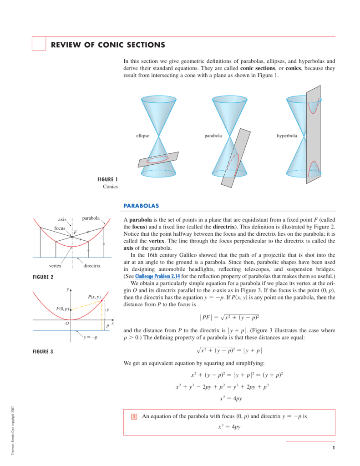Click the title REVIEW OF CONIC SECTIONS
click(x=107, y=45)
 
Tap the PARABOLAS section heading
click(x=141, y=206)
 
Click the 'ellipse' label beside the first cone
click(x=142, y=136)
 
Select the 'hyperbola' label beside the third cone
click(x=287, y=136)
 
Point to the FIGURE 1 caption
click(x=107, y=179)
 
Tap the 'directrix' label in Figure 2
click(x=91, y=265)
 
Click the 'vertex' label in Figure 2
click(x=55, y=265)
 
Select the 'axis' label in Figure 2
click(x=62, y=219)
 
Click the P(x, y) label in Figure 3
click(x=94, y=297)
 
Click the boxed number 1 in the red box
click(x=134, y=416)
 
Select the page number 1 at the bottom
click(x=334, y=448)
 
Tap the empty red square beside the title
click(x=39, y=44)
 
